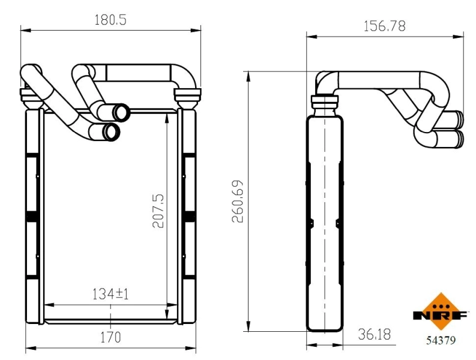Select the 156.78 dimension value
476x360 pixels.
coord(385,26)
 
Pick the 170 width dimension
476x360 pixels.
coord(112,337)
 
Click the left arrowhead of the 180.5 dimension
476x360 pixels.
coord(24,29)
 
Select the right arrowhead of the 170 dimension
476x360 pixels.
coord(195,346)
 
